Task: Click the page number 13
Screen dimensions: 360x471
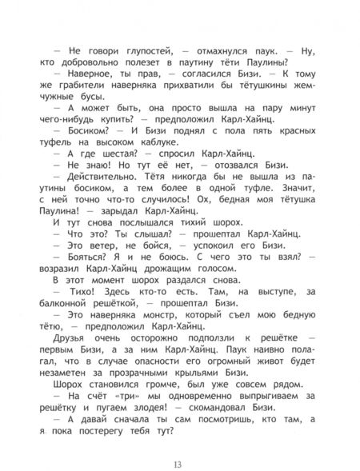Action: [x=180, y=444]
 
